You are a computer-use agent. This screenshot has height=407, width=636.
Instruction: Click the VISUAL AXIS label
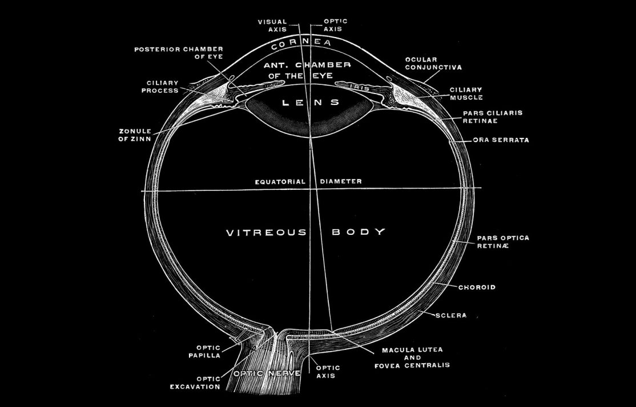coord(272,26)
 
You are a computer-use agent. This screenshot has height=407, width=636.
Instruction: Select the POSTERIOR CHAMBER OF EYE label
coord(179,53)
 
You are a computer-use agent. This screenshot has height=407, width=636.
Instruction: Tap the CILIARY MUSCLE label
coord(466,93)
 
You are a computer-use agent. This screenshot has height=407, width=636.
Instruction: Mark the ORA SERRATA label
coord(501,140)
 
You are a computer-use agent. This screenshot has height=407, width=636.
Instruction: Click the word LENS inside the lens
coord(311,103)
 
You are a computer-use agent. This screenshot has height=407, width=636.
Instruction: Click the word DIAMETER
coord(341,182)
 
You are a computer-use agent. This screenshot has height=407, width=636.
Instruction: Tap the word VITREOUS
coord(267,233)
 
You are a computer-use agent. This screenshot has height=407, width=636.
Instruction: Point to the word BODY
coord(359,233)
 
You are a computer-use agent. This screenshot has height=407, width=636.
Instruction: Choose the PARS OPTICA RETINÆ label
coord(503,242)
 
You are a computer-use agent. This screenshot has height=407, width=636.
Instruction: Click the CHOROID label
coord(477,287)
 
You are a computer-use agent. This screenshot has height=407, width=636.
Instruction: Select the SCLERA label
coord(451,315)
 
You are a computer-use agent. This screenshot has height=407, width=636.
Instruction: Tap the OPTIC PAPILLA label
coord(205,351)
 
